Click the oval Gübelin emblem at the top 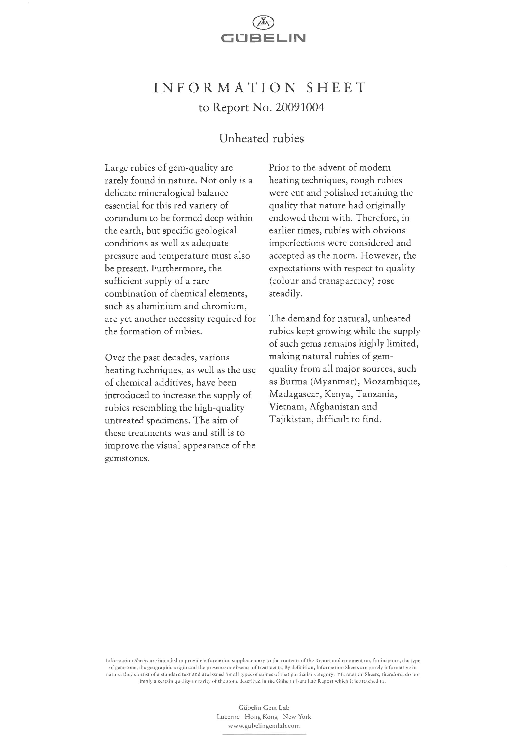tap(263, 22)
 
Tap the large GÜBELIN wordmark tap(263, 38)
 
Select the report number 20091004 tap(299, 108)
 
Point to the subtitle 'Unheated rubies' tap(262, 138)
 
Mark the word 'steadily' tap(285, 293)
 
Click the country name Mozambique tap(391, 381)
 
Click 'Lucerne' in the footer tap(228, 717)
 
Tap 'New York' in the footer tap(297, 717)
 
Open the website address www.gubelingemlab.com tap(264, 726)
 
